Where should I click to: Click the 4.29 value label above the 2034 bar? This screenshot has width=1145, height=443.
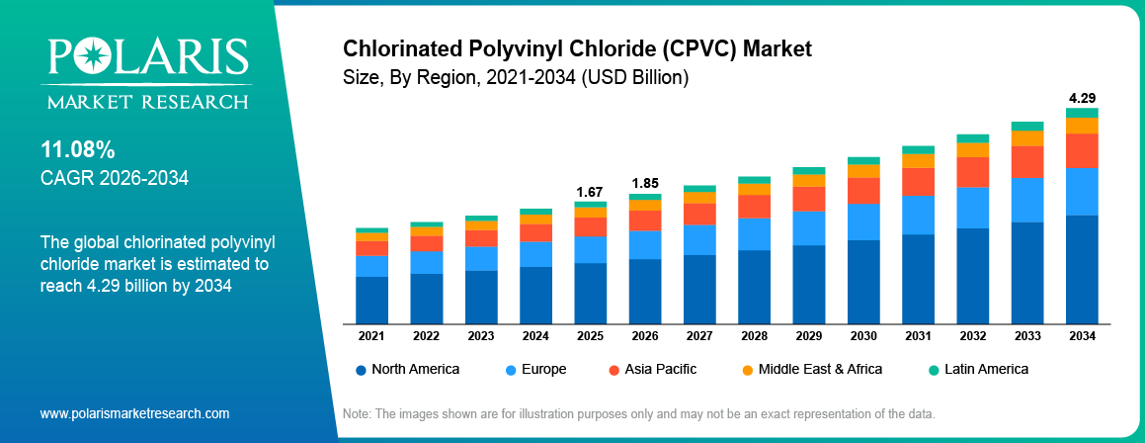pos(1082,98)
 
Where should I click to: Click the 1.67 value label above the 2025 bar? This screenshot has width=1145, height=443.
pos(590,191)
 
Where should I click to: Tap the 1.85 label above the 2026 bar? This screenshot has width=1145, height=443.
pos(644,183)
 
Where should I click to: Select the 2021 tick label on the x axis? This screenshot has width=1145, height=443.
pos(371,336)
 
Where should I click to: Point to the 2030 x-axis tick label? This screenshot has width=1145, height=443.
pos(863,336)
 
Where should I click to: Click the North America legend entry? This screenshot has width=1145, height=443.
pos(406,369)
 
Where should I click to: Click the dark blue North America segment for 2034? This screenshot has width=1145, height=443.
pos(1082,269)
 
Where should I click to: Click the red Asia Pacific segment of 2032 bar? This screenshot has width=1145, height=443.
pos(973,172)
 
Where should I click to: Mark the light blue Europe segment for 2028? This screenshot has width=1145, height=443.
pos(754,233)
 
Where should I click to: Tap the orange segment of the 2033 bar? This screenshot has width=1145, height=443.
pos(1027,138)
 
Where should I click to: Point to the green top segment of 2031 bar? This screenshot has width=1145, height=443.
pos(918,149)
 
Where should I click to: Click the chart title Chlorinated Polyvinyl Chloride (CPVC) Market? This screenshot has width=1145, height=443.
pos(576,48)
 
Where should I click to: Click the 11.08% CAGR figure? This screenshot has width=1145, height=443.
pos(77,150)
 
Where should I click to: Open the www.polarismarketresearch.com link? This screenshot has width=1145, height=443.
pos(134,412)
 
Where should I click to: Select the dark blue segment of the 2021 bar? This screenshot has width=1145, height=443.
pos(371,300)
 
